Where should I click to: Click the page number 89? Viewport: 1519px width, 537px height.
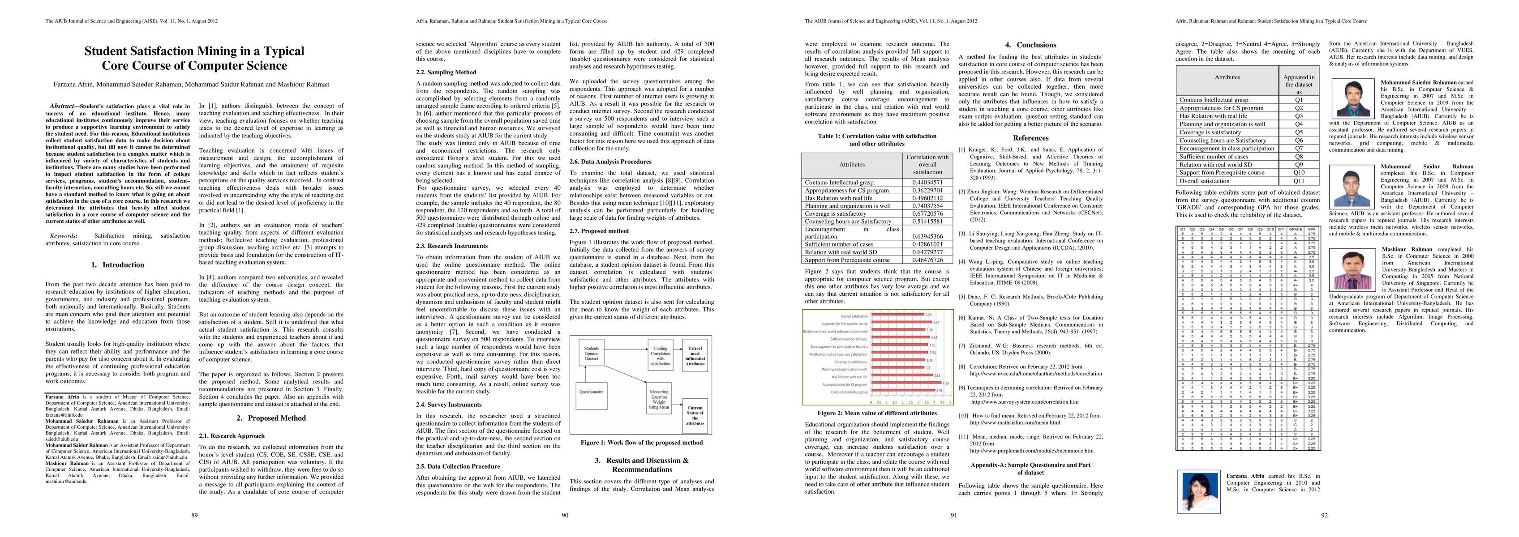point(195,515)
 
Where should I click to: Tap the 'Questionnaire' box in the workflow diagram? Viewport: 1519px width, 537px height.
point(591,392)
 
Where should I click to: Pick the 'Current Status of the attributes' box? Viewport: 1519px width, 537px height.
point(695,415)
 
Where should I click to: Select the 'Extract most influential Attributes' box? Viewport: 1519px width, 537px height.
point(695,355)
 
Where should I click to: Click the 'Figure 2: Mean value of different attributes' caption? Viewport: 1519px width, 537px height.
point(877,413)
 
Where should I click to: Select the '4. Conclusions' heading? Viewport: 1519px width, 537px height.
point(1030,45)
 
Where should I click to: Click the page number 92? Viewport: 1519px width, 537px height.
point(1324,515)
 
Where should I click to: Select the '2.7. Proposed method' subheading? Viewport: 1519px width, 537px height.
point(599,231)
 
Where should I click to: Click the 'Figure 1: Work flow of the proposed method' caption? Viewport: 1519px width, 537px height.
point(642,442)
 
